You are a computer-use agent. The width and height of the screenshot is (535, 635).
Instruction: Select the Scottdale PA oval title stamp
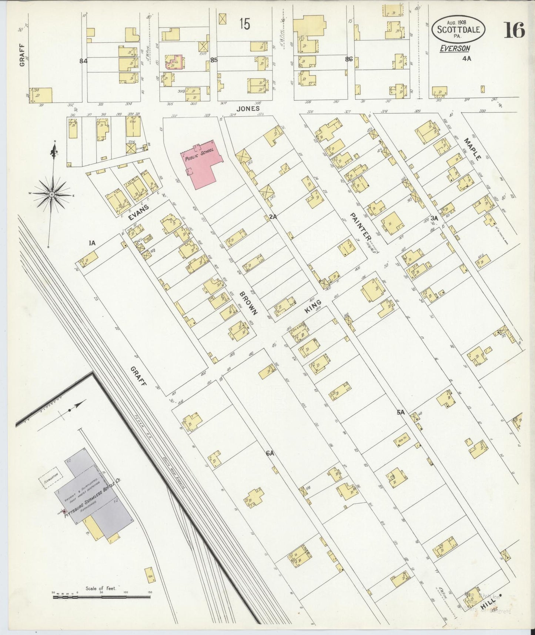pyautogui.click(x=458, y=29)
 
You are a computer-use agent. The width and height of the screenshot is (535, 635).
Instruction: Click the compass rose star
pyautogui.click(x=52, y=194)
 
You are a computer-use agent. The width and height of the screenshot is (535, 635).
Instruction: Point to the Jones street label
pyautogui.click(x=248, y=109)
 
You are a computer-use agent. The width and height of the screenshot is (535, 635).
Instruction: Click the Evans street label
pyautogui.click(x=138, y=213)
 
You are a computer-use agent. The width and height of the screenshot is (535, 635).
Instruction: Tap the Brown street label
pyautogui.click(x=248, y=303)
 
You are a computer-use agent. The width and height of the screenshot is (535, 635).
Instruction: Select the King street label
pyautogui.click(x=313, y=307)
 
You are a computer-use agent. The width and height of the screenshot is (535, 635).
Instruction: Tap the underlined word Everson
pyautogui.click(x=455, y=48)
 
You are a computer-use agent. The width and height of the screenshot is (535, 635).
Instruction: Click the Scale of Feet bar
pyautogui.click(x=102, y=596)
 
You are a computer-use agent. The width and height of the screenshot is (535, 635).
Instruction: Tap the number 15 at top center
pyautogui.click(x=244, y=24)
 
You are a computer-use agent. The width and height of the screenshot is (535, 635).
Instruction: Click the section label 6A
pyautogui.click(x=270, y=453)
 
